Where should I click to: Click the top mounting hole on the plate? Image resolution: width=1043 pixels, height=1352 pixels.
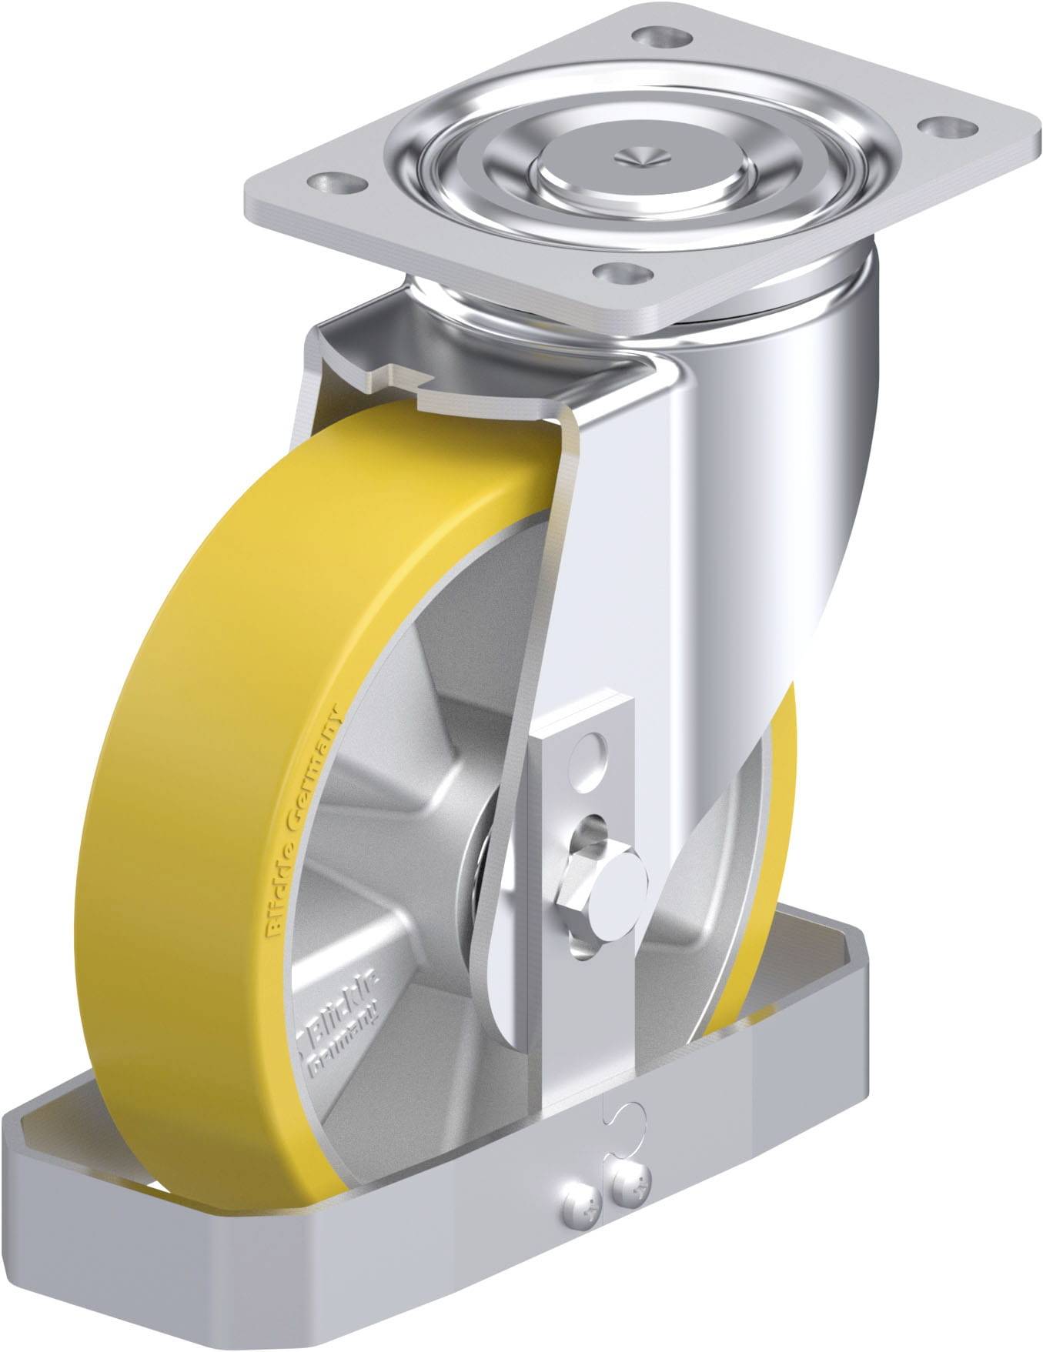pos(653,35)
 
